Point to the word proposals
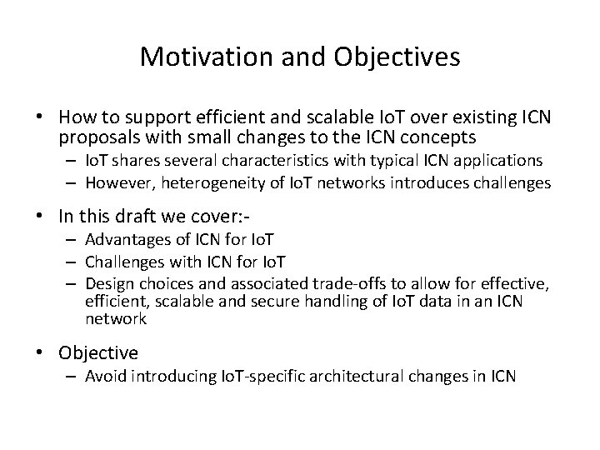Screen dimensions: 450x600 99,137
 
